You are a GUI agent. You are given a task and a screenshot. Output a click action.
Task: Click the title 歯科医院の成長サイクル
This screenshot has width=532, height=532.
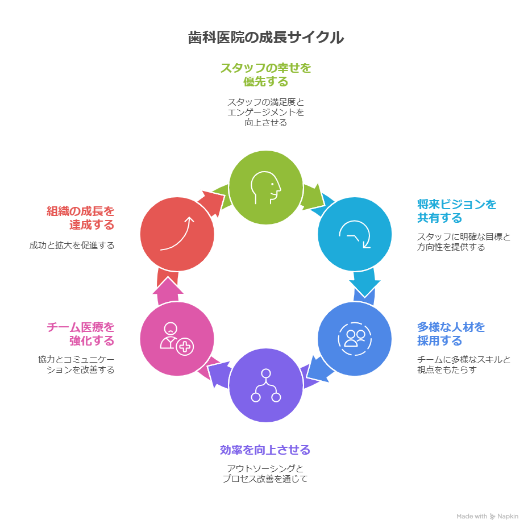pyautogui.click(x=265, y=38)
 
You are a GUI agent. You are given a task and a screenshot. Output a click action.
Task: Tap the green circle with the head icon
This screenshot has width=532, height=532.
pyautogui.click(x=265, y=187)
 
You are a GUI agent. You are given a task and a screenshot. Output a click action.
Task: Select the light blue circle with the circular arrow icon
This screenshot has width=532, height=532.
pyautogui.click(x=354, y=234)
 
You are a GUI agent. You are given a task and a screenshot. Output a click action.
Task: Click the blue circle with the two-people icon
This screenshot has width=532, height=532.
pyautogui.click(x=354, y=338)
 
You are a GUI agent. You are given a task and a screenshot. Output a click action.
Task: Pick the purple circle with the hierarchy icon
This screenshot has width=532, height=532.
pyautogui.click(x=265, y=385)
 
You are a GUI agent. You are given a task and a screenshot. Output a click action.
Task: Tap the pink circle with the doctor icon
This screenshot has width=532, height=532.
pyautogui.click(x=177, y=339)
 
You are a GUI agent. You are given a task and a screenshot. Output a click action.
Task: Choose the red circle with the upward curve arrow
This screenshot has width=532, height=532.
pyautogui.click(x=177, y=234)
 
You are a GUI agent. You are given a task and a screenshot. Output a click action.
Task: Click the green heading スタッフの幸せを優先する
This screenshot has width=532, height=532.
pyautogui.click(x=265, y=74)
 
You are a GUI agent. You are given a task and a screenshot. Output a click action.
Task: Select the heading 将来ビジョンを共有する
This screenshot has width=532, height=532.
pyautogui.click(x=456, y=211)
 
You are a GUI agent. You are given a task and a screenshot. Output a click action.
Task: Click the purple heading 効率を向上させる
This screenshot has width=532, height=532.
pyautogui.click(x=265, y=450)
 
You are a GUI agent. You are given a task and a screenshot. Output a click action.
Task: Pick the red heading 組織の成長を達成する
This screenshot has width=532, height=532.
pyautogui.click(x=80, y=218)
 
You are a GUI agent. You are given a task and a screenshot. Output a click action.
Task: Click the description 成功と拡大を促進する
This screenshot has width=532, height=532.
pyautogui.click(x=72, y=246)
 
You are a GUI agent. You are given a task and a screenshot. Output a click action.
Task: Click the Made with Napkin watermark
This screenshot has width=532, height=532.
pyautogui.click(x=487, y=517)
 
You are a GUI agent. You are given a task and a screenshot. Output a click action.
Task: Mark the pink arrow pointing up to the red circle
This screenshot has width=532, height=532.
pyautogui.click(x=168, y=287)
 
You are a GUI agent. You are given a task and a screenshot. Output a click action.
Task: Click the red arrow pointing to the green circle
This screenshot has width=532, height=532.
pyautogui.click(x=212, y=201)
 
